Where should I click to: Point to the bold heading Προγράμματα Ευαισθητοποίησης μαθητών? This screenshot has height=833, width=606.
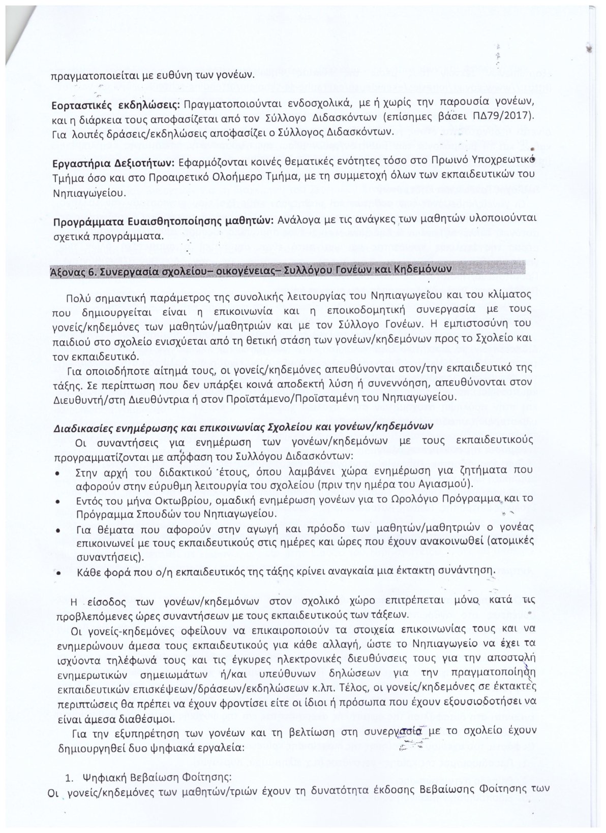coord(163,222)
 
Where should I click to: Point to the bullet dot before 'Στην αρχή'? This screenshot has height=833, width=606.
coord(59,473)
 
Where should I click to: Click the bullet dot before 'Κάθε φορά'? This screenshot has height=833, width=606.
coord(59,573)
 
